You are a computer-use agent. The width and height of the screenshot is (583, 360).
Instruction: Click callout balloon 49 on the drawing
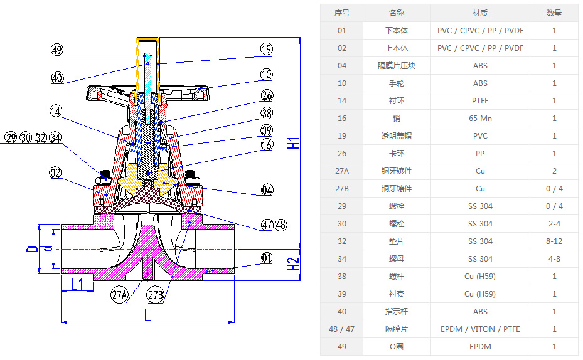(x=57, y=50)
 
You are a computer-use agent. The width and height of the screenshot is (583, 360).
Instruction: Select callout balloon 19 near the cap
(x=266, y=49)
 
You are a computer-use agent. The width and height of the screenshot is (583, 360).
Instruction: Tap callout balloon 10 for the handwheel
(x=266, y=75)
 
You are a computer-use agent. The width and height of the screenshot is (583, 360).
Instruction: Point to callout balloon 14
(x=57, y=111)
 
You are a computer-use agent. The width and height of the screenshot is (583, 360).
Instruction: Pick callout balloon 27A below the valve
(x=119, y=295)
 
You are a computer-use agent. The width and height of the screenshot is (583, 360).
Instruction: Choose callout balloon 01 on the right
(x=266, y=258)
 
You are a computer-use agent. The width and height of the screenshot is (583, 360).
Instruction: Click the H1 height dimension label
(x=294, y=142)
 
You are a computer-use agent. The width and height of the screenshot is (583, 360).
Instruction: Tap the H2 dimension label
(x=294, y=264)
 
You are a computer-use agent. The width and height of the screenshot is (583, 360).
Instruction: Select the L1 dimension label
(x=77, y=284)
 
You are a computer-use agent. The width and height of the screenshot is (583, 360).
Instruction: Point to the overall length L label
(x=147, y=315)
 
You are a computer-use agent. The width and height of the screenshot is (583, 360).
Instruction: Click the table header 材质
(x=480, y=13)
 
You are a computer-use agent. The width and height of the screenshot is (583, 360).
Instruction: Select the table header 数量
(x=554, y=13)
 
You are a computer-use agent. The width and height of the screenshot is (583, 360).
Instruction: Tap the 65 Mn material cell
(x=480, y=119)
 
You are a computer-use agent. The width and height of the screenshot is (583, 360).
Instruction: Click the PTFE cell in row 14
(x=480, y=101)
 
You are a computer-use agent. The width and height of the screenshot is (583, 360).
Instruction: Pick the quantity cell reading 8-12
(x=554, y=241)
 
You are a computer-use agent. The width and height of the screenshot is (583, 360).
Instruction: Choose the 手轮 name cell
(x=396, y=83)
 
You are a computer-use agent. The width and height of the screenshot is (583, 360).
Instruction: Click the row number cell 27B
(x=341, y=189)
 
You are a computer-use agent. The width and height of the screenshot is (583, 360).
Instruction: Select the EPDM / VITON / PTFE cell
(x=480, y=329)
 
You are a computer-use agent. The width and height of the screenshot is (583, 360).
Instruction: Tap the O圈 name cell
(x=396, y=347)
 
